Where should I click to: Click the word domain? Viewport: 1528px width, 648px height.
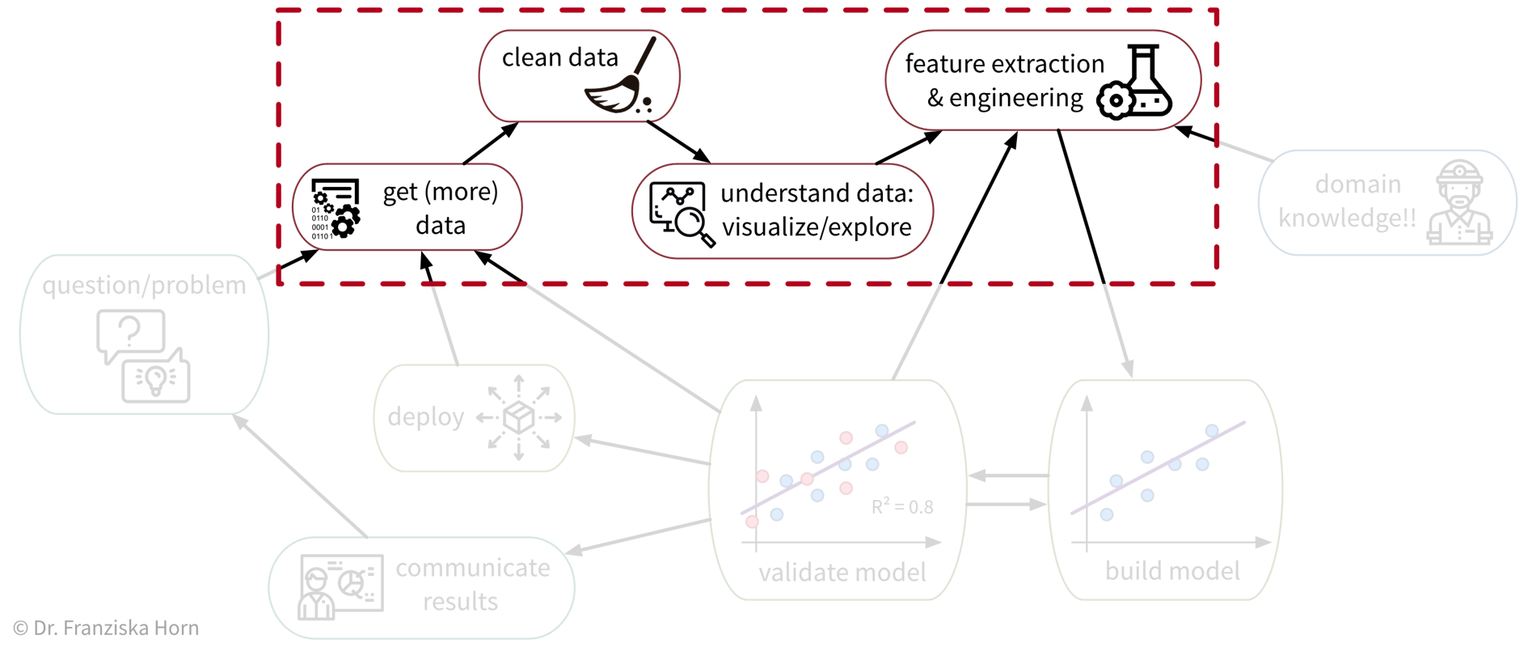(1357, 184)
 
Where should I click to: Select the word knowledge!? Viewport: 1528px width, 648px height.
(1347, 218)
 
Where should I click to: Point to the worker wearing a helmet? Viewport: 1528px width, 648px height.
(1459, 203)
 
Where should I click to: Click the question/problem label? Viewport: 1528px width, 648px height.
(144, 286)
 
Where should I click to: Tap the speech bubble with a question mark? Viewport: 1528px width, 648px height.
(130, 334)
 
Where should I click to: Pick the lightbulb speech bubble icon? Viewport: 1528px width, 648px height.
(156, 378)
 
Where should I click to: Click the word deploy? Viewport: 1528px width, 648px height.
(425, 417)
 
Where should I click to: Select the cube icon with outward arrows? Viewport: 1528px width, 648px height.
(519, 417)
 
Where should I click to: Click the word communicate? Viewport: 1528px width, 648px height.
(473, 568)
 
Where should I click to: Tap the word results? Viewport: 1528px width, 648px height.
(460, 602)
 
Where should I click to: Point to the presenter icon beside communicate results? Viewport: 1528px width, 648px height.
(340, 587)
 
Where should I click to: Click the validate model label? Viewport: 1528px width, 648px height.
(842, 573)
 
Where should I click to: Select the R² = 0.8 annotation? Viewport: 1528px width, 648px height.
(902, 507)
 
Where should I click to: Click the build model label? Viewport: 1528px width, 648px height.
(1172, 571)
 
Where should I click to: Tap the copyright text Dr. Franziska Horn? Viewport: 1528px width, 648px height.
(106, 629)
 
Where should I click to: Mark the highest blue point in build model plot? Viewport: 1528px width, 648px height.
(1212, 431)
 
